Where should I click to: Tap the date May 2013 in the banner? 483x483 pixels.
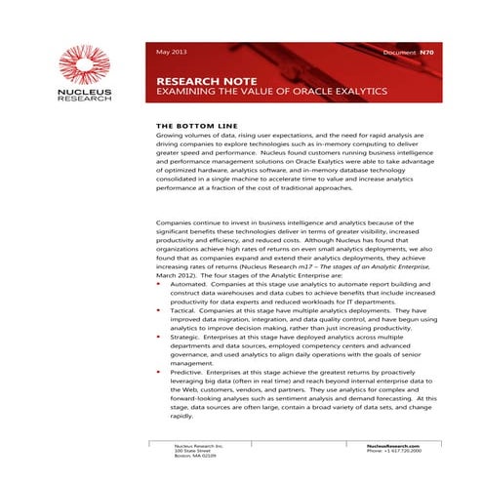(173, 50)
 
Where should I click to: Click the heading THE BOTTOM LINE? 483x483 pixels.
(198, 127)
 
